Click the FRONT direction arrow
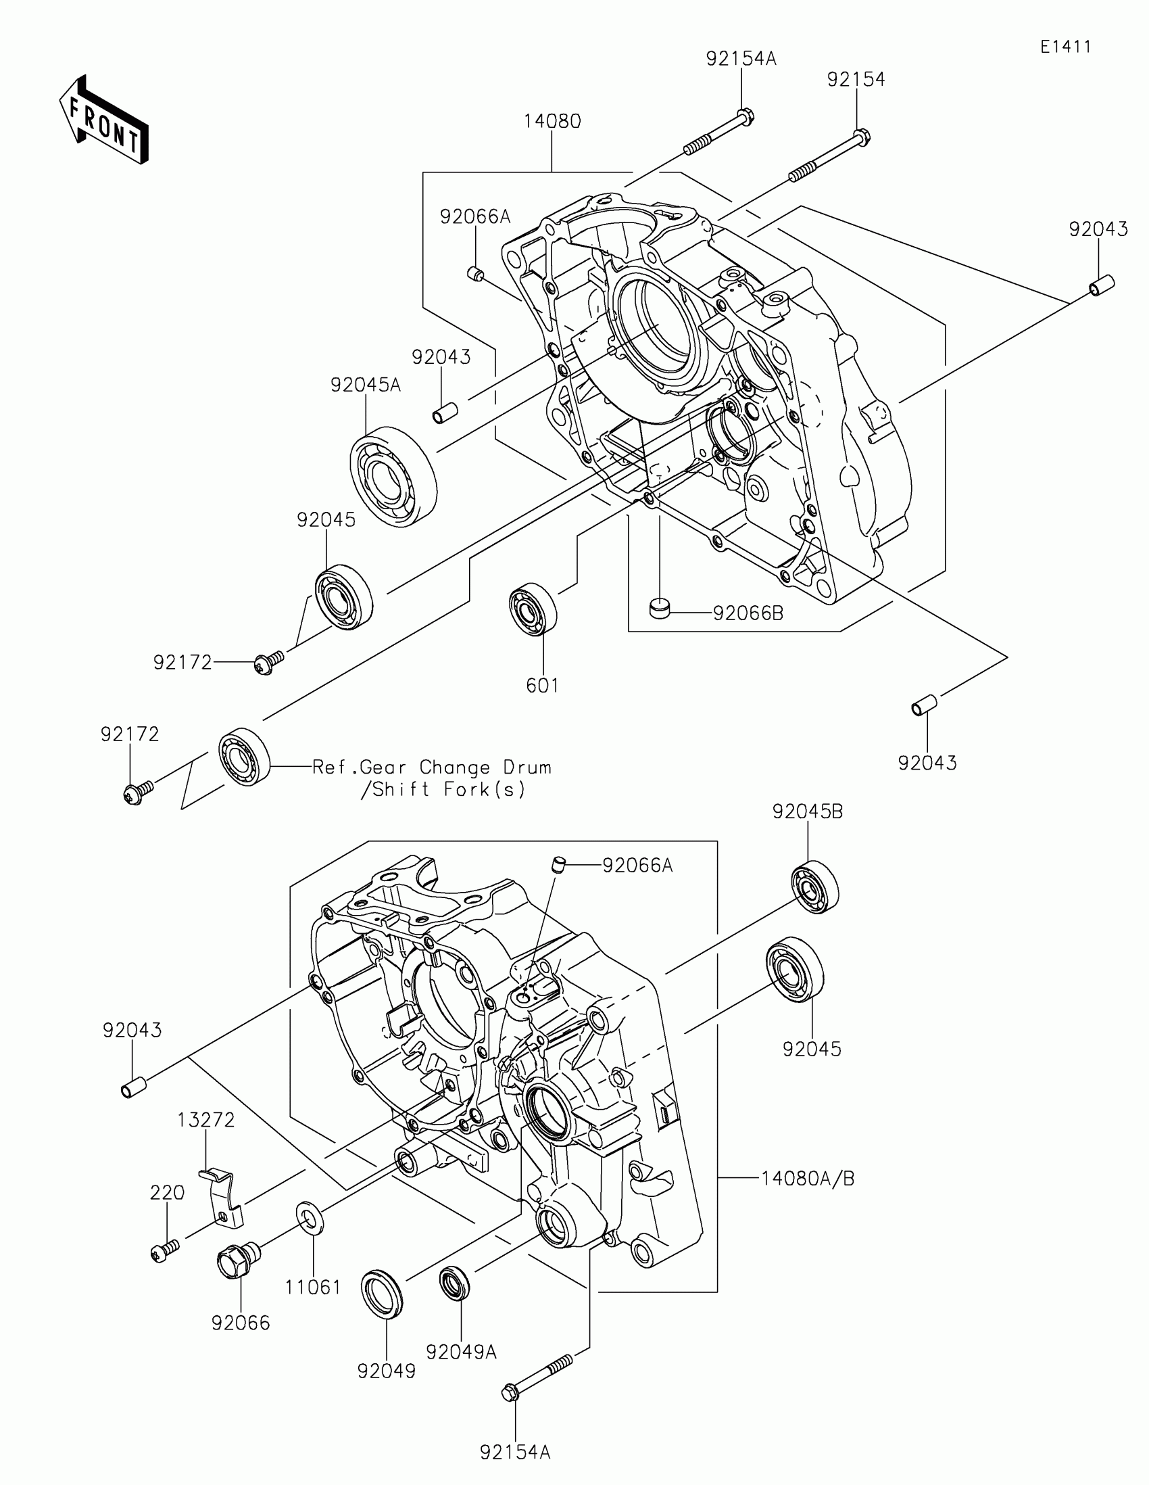(x=105, y=120)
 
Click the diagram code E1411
(x=1065, y=47)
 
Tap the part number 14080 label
(x=552, y=122)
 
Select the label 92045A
(x=366, y=385)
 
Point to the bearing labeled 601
(x=533, y=609)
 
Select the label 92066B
(x=748, y=613)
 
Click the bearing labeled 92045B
(x=814, y=887)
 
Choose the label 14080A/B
(x=807, y=1179)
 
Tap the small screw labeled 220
(x=164, y=1249)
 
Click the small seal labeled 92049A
(x=455, y=1283)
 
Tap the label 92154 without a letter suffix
(x=856, y=80)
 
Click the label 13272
(x=207, y=1120)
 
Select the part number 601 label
(x=542, y=686)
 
